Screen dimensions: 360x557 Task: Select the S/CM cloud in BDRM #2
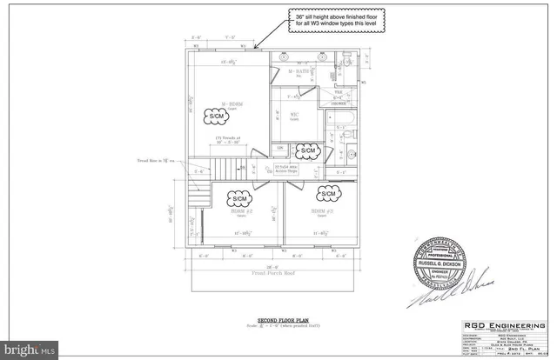240,200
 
